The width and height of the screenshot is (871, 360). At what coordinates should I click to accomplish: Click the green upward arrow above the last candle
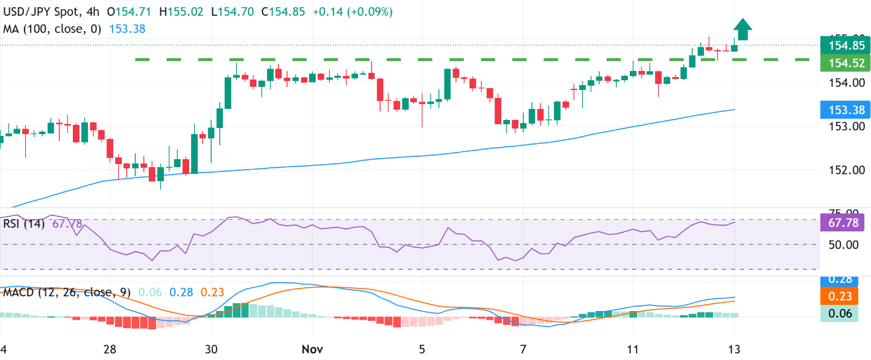click(x=742, y=29)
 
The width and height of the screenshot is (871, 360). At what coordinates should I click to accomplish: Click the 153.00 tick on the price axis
click(x=847, y=127)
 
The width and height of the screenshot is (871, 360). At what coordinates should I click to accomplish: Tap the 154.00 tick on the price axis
click(x=847, y=83)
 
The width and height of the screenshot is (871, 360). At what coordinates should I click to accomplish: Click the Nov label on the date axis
click(x=312, y=349)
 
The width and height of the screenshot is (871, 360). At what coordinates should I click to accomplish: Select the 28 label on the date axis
click(x=110, y=349)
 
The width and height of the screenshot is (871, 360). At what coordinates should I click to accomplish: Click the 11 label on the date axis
click(x=634, y=349)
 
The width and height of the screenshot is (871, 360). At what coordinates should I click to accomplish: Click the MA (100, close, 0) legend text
click(x=53, y=28)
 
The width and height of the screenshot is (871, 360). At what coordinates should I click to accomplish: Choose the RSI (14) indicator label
click(x=24, y=224)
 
